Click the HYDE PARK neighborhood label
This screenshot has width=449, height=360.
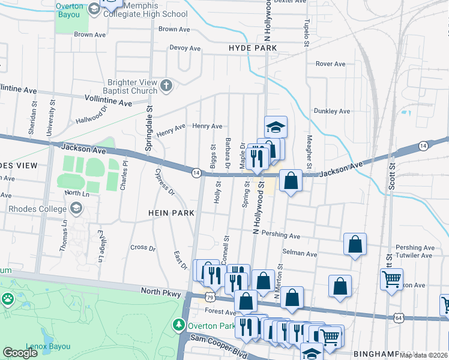pyautogui.click(x=252, y=48)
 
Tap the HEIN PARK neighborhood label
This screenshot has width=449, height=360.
pyautogui.click(x=172, y=213)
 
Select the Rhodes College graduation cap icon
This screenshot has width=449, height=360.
pyautogui.click(x=76, y=208)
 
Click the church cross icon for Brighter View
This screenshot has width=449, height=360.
pyautogui.click(x=166, y=86)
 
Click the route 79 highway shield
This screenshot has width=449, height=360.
pyautogui.click(x=209, y=296)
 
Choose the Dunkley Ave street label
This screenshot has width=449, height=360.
pyautogui.click(x=331, y=111)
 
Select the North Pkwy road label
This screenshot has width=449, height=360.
pyautogui.click(x=161, y=291)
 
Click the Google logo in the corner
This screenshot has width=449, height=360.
pyautogui.click(x=20, y=353)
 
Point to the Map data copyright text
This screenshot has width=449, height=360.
pyautogui.click(x=423, y=355)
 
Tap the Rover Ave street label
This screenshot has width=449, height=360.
pyautogui.click(x=330, y=64)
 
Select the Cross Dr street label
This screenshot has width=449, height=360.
pyautogui.click(x=143, y=247)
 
